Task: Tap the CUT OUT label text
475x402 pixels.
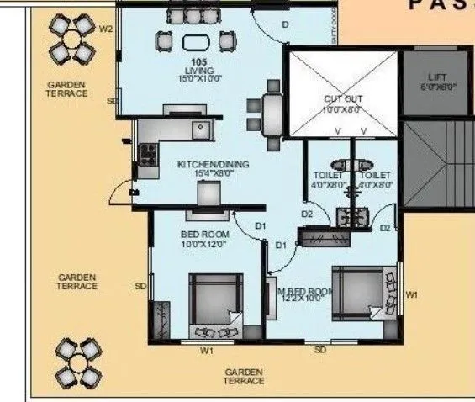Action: [x=342, y=103]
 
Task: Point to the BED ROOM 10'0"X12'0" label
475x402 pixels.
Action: [x=204, y=238]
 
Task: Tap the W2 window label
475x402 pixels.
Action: [x=106, y=29]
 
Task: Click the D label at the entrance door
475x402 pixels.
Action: [x=284, y=25]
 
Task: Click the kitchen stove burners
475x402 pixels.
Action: [x=148, y=155]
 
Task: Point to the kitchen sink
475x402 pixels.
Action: [x=200, y=130]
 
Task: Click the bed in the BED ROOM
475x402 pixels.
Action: [x=214, y=307]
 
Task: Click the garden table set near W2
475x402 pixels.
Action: [x=71, y=38]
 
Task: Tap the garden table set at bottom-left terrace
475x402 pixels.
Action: [x=82, y=360]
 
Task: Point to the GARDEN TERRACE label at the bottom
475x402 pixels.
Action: [x=244, y=376]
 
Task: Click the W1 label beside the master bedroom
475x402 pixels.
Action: [x=411, y=294]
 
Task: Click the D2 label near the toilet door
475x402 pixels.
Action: [x=309, y=214]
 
